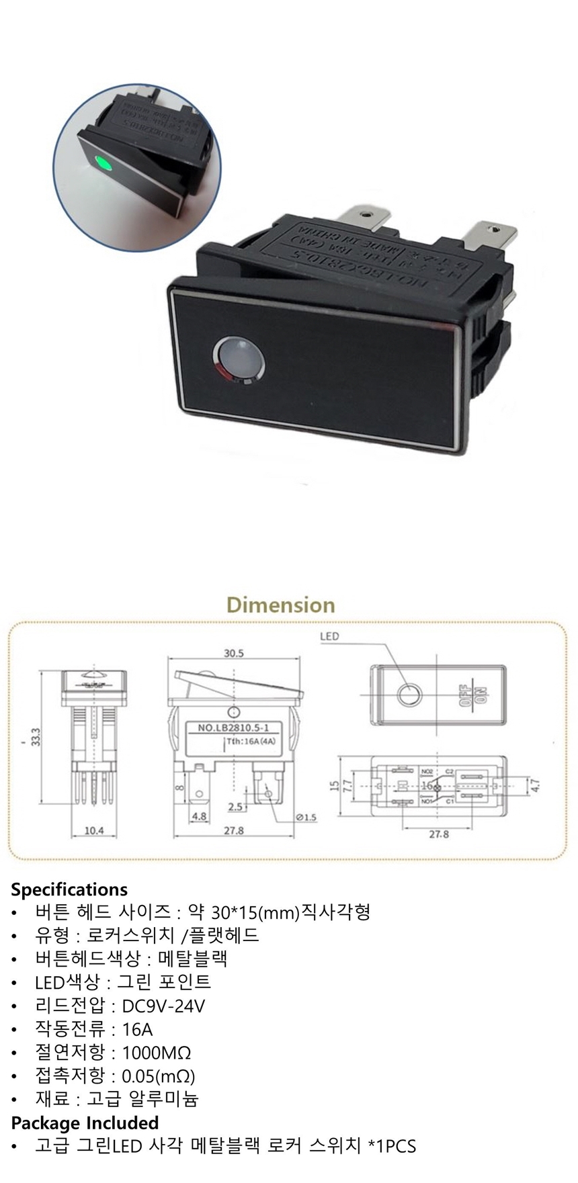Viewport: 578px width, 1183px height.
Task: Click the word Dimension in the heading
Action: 281,605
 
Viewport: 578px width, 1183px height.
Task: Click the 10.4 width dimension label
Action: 94,831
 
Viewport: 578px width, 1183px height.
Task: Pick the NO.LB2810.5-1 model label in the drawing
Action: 233,728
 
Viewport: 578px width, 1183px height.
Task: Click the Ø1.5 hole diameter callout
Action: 305,818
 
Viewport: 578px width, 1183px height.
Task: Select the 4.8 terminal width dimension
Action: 200,817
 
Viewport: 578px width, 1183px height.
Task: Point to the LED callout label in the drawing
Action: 330,636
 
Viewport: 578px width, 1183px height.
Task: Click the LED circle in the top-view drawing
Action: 408,694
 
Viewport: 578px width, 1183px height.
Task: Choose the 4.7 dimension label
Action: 536,784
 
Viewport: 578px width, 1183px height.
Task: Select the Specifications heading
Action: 69,890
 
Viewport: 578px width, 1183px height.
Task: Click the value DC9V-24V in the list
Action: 163,1006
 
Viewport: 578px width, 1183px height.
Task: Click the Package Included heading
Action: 85,1123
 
